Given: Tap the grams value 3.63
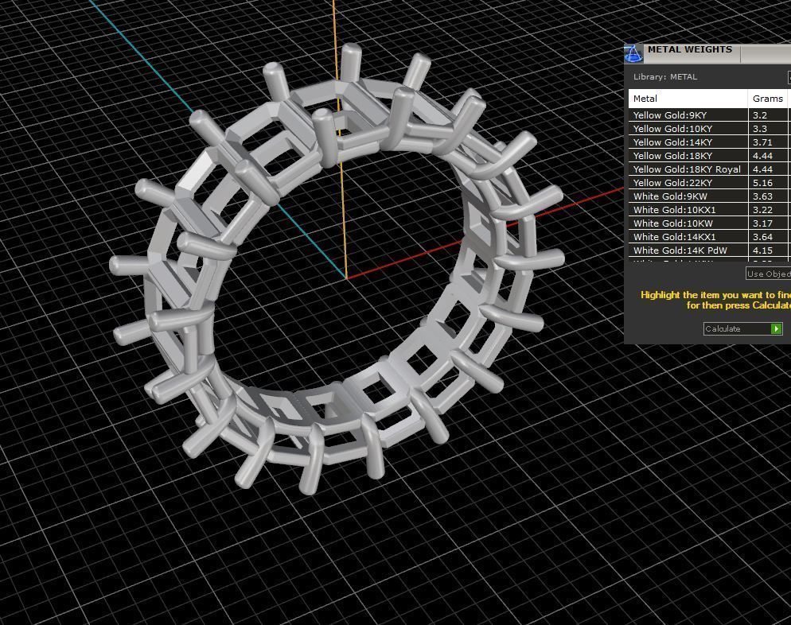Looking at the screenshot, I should tap(762, 196).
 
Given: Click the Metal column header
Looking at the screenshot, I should tap(645, 99).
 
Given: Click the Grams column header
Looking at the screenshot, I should tap(767, 99).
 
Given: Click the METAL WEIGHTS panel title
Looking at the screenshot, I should tap(689, 49).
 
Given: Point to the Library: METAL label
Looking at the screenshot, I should tap(665, 77).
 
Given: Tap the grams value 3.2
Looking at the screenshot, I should tap(759, 115).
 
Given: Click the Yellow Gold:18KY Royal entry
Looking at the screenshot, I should tap(687, 169).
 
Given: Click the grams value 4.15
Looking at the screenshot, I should tap(762, 250).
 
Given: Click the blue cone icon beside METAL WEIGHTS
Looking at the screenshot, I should tap(633, 53).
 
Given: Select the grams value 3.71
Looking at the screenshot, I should tap(762, 142).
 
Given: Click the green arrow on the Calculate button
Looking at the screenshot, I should tap(776, 328).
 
